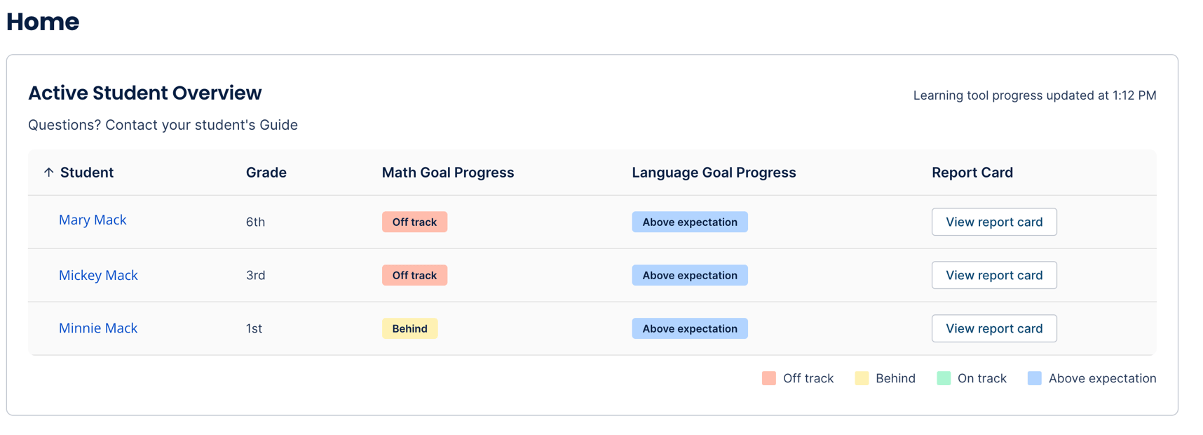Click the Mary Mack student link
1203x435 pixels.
pos(93,220)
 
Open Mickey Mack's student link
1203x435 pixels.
pos(98,275)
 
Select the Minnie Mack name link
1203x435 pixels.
pos(98,328)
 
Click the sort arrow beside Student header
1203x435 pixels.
pos(48,173)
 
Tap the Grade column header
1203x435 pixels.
pos(266,173)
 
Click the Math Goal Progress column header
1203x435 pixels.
pos(447,173)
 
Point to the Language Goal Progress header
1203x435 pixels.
pos(713,173)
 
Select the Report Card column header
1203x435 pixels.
pos(972,173)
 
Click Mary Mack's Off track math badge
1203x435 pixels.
pos(414,222)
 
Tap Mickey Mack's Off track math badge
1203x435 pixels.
pos(414,275)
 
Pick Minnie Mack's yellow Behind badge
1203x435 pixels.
pos(409,328)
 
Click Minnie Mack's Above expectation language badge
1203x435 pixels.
pos(689,328)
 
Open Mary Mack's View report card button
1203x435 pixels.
pos(993,222)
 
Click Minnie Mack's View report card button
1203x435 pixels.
pos(993,328)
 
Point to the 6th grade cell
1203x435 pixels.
pos(255,222)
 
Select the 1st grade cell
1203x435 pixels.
pos(254,328)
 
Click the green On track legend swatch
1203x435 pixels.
pos(944,379)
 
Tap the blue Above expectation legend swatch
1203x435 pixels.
pos(1034,379)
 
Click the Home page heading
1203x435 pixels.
pos(43,22)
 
